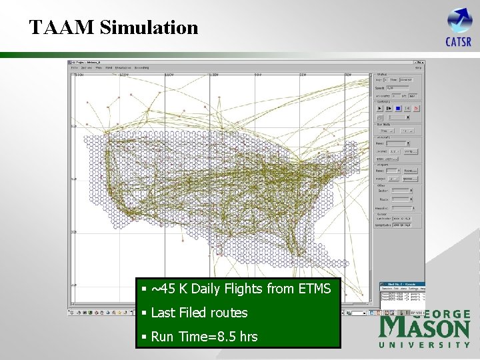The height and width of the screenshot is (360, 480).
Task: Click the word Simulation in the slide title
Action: click(x=149, y=27)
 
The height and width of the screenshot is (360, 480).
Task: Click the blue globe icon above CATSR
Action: click(x=459, y=20)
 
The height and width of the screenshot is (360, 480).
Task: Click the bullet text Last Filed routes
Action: click(x=199, y=313)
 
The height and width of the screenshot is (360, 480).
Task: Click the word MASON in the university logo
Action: click(x=425, y=329)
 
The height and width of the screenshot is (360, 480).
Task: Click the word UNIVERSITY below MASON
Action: click(x=425, y=345)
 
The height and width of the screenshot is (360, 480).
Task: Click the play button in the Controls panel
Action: click(x=380, y=107)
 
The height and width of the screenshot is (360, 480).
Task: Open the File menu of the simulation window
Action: click(x=75, y=67)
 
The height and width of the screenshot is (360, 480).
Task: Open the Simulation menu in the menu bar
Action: click(x=123, y=67)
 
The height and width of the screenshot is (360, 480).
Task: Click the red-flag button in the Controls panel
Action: click(x=416, y=107)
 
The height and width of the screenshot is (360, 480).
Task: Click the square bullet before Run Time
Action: click(x=143, y=337)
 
